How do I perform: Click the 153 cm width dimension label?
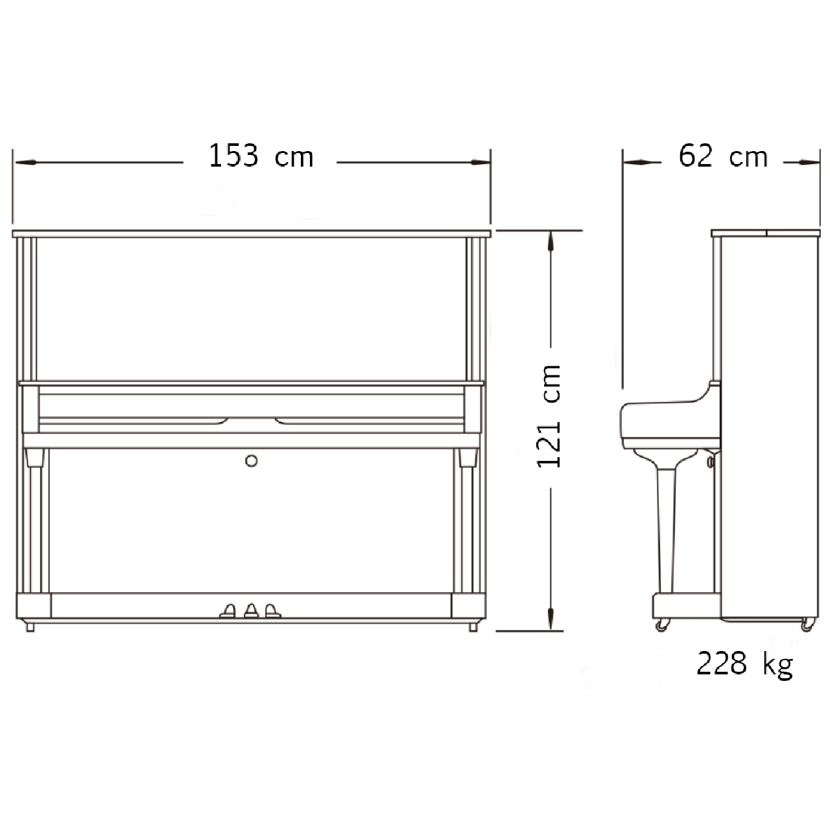click(261, 156)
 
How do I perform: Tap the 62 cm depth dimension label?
click(723, 156)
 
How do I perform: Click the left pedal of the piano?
click(228, 611)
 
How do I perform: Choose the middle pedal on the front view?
click(251, 611)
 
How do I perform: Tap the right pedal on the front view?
click(272, 611)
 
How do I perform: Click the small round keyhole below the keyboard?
click(251, 461)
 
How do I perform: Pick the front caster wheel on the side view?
click(663, 625)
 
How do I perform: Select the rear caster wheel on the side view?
click(808, 625)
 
